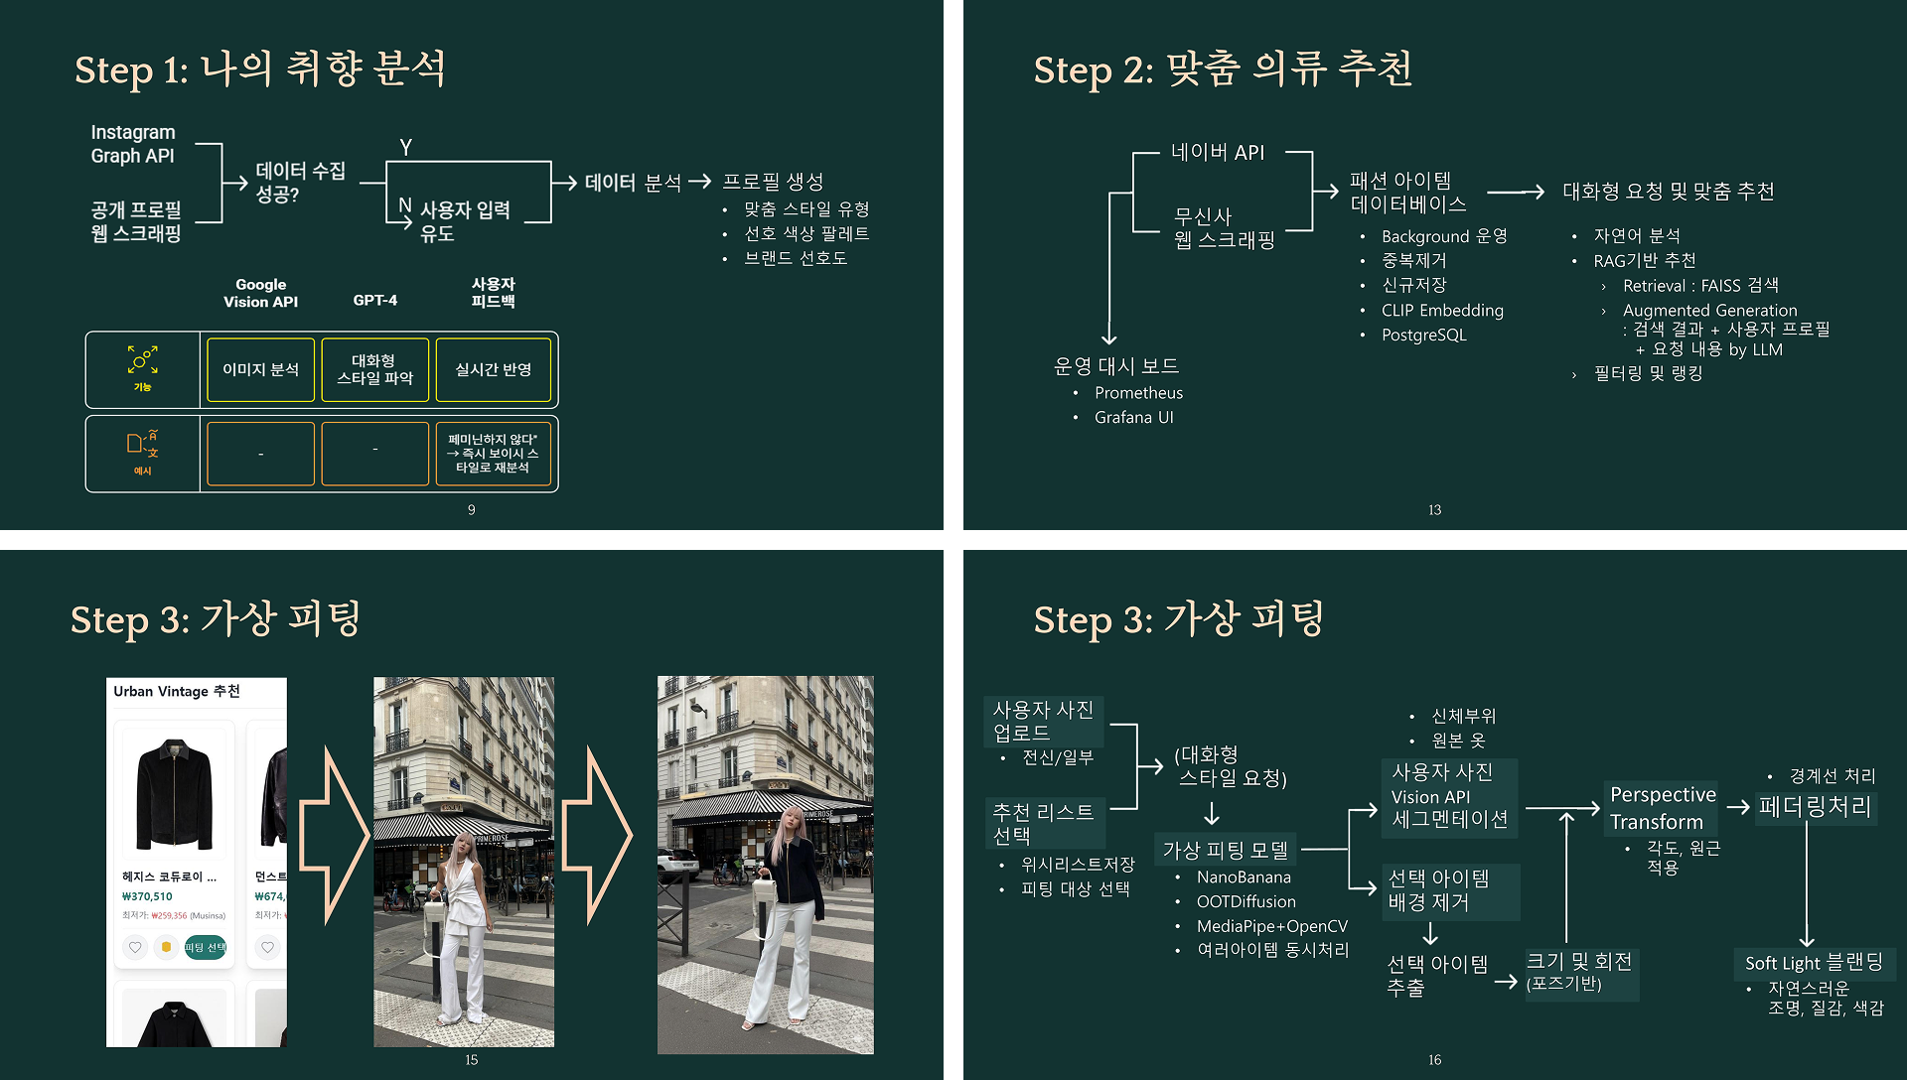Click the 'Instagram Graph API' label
pos(133,144)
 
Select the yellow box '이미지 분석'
pos(260,369)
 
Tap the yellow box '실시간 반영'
pos(493,369)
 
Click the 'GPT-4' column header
pos(374,300)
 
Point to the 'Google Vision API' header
pos(260,293)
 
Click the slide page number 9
pos(471,509)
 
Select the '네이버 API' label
pos(1218,152)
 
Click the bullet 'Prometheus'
pos(1138,393)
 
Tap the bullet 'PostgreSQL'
pos(1423,336)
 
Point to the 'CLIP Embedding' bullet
pos(1442,311)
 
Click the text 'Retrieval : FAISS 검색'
pos(1699,286)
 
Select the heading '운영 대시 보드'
pos(1115,366)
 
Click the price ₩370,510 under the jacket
pos(147,896)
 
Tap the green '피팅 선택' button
pos(205,947)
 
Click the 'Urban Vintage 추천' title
pos(177,691)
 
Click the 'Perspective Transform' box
pos(1663,808)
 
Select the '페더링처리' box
pos(1815,807)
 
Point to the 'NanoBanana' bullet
pos(1244,877)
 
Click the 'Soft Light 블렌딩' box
pos(1814,963)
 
